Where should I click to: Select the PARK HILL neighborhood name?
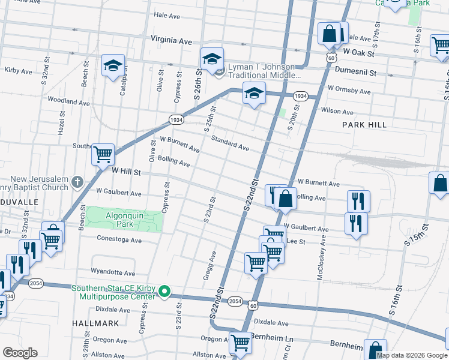364,124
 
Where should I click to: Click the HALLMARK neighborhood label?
97,323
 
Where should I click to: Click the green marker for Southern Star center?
163,293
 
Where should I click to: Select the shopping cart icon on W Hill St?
103,154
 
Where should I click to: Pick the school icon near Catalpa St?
112,66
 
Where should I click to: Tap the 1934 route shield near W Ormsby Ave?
300,96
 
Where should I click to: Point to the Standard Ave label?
230,143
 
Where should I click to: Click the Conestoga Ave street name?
118,240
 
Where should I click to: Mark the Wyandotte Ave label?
113,272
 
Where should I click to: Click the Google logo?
20,353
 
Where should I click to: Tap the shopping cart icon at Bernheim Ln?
240,343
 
